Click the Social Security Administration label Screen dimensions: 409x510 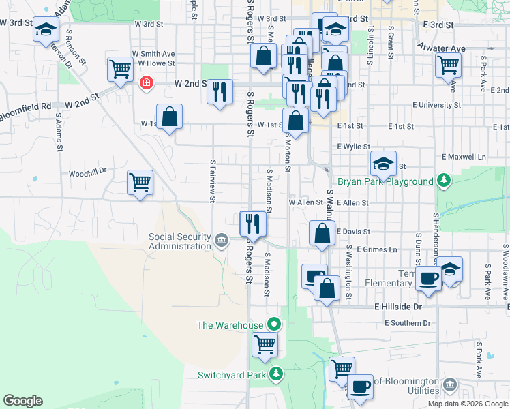(179, 241)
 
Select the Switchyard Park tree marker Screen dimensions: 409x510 (276, 374)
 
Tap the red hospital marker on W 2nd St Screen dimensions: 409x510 (145, 84)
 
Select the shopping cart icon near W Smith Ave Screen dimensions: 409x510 (120, 68)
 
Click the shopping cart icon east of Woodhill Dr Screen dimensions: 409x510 (140, 182)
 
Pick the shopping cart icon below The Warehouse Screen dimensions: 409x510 (265, 344)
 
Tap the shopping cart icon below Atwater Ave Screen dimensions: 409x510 (448, 65)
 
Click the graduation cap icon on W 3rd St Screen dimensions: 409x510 (46, 29)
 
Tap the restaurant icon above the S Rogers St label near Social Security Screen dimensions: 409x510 (252, 223)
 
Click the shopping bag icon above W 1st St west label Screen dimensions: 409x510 (169, 116)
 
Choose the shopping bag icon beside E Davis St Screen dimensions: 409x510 (321, 232)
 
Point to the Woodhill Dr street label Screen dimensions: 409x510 (88, 173)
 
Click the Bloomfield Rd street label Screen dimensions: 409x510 (26, 107)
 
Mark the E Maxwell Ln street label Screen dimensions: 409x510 (464, 157)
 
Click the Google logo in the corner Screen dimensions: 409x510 (23, 401)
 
